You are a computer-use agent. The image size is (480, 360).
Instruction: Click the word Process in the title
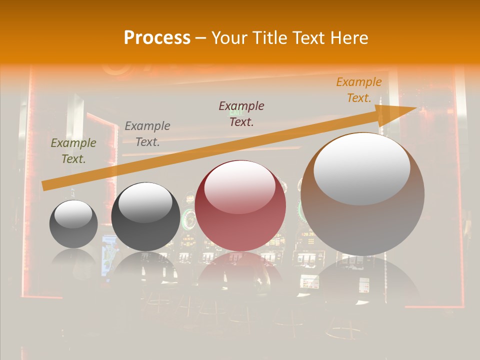coord(157,38)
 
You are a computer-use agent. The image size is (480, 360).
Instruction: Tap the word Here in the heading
coord(348,38)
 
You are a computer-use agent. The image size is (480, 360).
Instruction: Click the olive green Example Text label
coord(73,151)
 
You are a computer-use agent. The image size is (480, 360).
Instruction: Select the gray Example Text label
coord(147,134)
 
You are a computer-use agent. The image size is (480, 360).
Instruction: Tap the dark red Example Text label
coord(241,114)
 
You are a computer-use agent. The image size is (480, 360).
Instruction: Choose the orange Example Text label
coord(359,90)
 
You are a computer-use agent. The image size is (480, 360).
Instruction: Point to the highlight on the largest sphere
coord(362,168)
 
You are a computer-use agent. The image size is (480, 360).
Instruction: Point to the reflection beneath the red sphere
coord(240,272)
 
